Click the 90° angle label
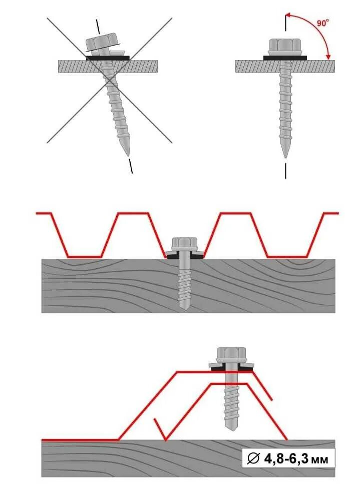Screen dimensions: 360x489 point(323,23)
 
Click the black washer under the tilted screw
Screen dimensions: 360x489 point(108,58)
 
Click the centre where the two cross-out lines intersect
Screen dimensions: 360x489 point(110,80)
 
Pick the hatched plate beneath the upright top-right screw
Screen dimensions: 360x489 point(260,66)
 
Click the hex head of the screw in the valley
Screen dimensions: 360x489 point(184,244)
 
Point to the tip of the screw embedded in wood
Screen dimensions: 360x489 point(184,306)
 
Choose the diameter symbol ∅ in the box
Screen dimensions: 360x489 point(253,458)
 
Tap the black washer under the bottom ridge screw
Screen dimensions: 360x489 point(231,368)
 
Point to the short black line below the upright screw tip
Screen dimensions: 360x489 point(285,170)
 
